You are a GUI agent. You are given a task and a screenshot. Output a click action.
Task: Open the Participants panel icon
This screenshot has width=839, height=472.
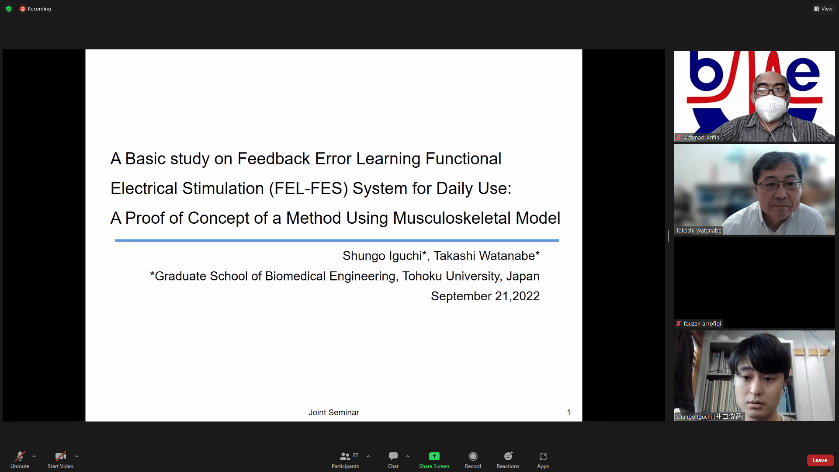pyautogui.click(x=345, y=457)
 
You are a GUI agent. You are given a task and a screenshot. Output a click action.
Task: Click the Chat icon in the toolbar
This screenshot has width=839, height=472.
pyautogui.click(x=393, y=456)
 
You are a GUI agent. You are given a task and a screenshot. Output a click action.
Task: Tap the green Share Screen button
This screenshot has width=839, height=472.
pyautogui.click(x=434, y=456)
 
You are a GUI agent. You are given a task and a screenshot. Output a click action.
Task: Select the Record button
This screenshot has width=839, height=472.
pyautogui.click(x=473, y=456)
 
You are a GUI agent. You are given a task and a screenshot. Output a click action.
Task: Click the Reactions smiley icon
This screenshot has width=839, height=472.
pyautogui.click(x=508, y=456)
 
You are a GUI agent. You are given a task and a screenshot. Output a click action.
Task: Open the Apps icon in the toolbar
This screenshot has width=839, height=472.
pyautogui.click(x=543, y=457)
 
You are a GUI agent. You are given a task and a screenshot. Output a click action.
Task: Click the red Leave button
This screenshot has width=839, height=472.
pyautogui.click(x=820, y=460)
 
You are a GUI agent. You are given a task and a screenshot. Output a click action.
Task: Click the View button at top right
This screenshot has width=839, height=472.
pyautogui.click(x=823, y=9)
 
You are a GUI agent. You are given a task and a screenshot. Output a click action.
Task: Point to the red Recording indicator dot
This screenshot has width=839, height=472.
pyautogui.click(x=23, y=9)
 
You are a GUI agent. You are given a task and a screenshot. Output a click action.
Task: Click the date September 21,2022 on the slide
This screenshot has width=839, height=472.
pyautogui.click(x=485, y=296)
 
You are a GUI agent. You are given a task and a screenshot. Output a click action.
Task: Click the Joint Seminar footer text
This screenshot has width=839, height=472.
pyautogui.click(x=334, y=413)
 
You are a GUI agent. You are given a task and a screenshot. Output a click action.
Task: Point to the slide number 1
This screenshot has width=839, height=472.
pyautogui.click(x=569, y=413)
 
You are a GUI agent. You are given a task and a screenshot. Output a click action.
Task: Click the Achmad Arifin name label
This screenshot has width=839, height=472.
pyautogui.click(x=701, y=137)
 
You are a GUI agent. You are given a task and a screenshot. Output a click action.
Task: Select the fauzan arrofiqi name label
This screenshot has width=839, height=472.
pyautogui.click(x=702, y=324)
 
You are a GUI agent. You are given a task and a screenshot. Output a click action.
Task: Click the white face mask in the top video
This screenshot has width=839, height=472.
pyautogui.click(x=771, y=107)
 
